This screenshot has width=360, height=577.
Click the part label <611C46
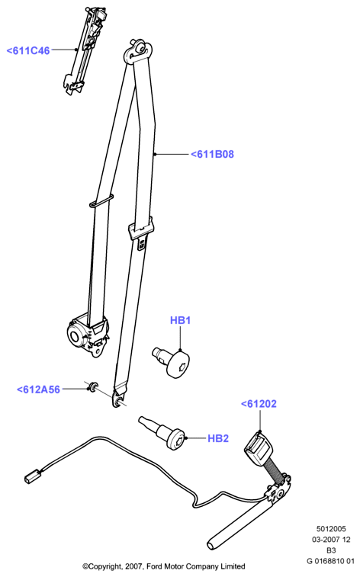(28, 51)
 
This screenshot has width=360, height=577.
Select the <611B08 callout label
(212, 154)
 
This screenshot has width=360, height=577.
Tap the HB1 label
(180, 320)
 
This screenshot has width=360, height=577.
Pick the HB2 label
(218, 438)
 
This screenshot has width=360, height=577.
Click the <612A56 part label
(38, 389)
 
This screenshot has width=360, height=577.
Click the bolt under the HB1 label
(171, 361)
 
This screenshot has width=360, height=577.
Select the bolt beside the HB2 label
(162, 433)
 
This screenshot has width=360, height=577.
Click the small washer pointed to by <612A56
(93, 386)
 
